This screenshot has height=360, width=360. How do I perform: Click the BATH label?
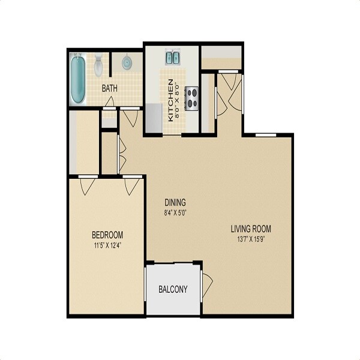(x=109, y=88)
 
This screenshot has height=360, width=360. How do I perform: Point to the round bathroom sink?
(x=127, y=62)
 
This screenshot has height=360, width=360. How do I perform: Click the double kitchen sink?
(x=172, y=58)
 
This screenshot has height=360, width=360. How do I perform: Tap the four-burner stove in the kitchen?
(x=192, y=98)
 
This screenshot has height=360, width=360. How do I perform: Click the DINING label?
(x=175, y=202)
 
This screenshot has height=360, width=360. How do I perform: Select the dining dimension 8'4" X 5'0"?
(x=175, y=212)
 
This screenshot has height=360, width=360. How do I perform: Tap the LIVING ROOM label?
(x=251, y=229)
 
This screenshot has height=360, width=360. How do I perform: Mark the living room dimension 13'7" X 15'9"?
(x=251, y=239)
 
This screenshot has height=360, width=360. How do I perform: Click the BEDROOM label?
(x=107, y=234)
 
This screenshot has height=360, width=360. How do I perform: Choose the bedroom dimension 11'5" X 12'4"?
(x=107, y=244)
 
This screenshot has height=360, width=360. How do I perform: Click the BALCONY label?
(x=173, y=289)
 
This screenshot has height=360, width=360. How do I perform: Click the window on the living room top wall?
(x=262, y=135)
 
